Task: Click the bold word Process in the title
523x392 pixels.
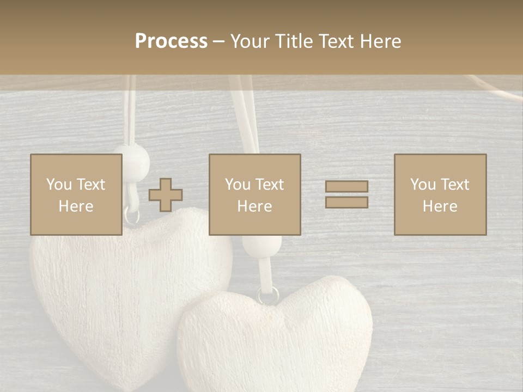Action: [171, 41]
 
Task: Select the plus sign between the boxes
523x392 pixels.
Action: [166, 195]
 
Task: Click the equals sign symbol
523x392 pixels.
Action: [346, 194]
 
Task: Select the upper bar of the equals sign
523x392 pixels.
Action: [346, 187]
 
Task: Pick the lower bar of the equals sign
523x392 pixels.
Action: [346, 203]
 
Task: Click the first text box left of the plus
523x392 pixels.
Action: [76, 194]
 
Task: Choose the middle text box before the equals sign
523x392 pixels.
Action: [255, 194]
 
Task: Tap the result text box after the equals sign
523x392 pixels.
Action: [440, 194]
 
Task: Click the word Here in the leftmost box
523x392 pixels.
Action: [76, 206]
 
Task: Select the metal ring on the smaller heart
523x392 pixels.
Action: [268, 295]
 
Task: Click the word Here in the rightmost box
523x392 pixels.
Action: [440, 206]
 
